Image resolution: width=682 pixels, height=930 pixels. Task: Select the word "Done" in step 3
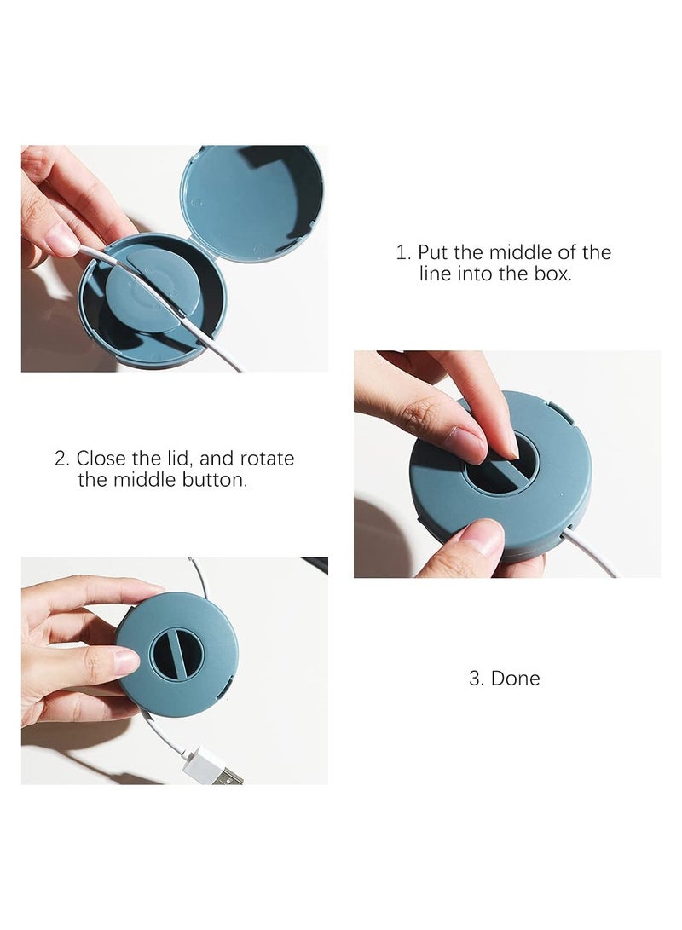pyautogui.click(x=516, y=679)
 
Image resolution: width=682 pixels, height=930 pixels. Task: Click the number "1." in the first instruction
pyautogui.click(x=403, y=252)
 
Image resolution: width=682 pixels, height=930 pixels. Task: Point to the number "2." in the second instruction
pyautogui.click(x=62, y=459)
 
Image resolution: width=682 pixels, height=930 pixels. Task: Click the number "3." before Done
pyautogui.click(x=477, y=679)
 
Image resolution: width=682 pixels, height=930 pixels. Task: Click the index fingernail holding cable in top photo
pyautogui.click(x=62, y=244)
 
